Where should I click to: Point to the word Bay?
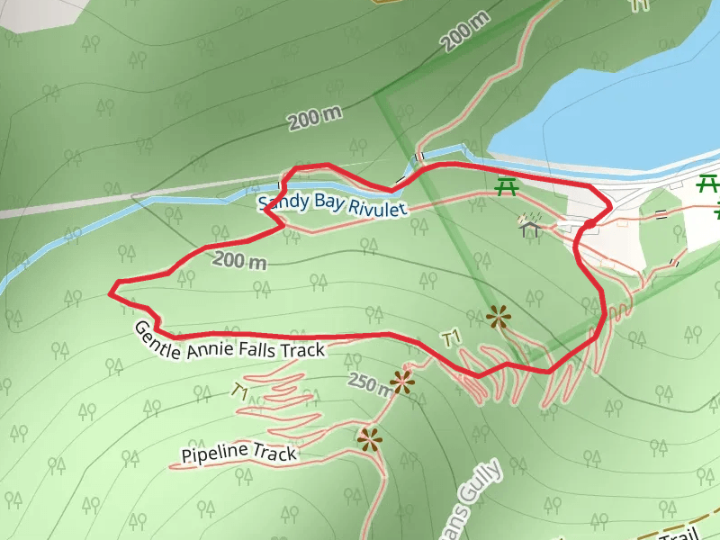327,203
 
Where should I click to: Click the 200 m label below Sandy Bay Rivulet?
241,262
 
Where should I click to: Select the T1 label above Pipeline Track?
239,391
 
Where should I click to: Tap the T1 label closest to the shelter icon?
452,337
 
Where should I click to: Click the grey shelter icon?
530,224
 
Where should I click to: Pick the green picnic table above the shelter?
508,187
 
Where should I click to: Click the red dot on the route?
589,223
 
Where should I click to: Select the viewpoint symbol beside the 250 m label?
401,382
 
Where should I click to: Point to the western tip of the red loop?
111,292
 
